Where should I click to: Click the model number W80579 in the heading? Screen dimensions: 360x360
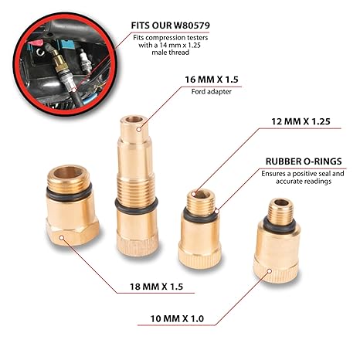coord(192,25)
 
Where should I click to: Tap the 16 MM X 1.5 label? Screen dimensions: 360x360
coord(212,80)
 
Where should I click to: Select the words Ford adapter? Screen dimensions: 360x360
coord(212,92)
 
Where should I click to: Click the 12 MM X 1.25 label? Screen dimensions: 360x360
coord(301,121)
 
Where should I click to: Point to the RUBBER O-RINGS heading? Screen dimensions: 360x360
coord(304,161)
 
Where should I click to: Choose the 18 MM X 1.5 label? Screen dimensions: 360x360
coord(156,287)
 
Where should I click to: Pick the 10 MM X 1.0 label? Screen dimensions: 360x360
coord(177,319)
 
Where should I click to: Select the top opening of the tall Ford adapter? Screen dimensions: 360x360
coord(134,119)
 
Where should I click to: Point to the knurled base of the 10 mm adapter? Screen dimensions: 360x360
coord(276,271)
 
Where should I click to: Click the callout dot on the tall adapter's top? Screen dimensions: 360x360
coord(139,129)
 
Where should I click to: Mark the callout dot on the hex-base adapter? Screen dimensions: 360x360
coord(61,237)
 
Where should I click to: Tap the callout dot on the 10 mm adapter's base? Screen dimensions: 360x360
coord(270,271)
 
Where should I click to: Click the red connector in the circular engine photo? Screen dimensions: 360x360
coord(36,42)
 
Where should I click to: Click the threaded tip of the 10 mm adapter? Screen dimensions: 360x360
coord(281,212)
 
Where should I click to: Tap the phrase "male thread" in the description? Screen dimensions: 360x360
coord(171,53)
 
